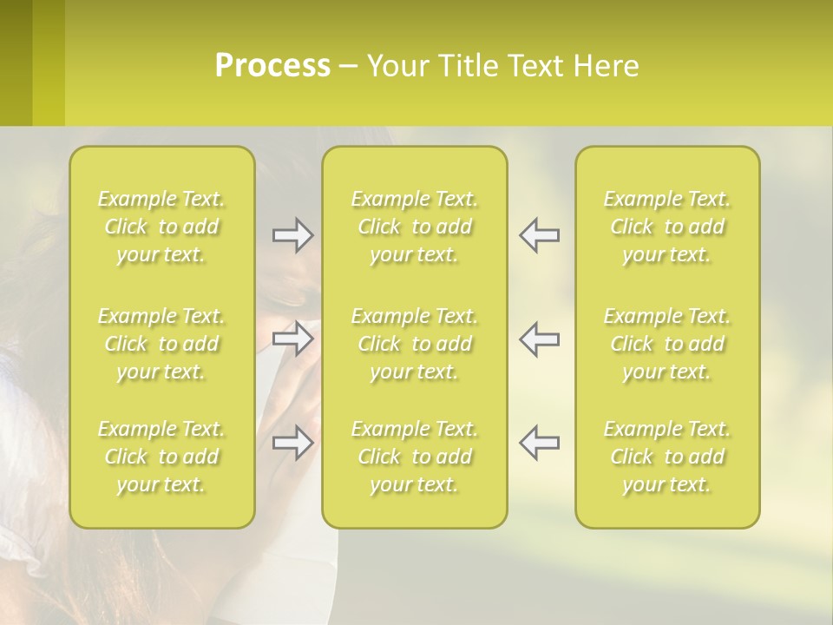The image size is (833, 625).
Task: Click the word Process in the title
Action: pyautogui.click(x=272, y=66)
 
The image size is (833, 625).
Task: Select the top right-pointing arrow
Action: pyautogui.click(x=292, y=235)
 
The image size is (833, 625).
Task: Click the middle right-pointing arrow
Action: pyautogui.click(x=292, y=339)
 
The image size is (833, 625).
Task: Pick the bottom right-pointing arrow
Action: pyautogui.click(x=292, y=442)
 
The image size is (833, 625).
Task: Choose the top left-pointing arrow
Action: pyautogui.click(x=539, y=235)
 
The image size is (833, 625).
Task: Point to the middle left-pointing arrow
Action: pyautogui.click(x=539, y=339)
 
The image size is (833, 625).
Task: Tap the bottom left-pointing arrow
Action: pyautogui.click(x=539, y=442)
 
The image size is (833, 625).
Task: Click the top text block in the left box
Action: pyautogui.click(x=161, y=227)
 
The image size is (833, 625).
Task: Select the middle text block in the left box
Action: pyautogui.click(x=161, y=344)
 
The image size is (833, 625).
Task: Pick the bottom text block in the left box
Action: pyautogui.click(x=161, y=457)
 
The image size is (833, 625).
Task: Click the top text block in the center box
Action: pyautogui.click(x=415, y=227)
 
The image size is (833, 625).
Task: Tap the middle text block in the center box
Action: pyautogui.click(x=415, y=344)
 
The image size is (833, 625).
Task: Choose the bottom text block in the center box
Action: pyautogui.click(x=415, y=457)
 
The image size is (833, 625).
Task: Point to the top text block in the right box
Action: pyautogui.click(x=667, y=227)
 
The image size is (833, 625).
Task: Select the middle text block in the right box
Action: pyautogui.click(x=667, y=344)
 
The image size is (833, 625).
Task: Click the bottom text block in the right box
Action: pyautogui.click(x=667, y=457)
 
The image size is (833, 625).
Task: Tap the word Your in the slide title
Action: pyautogui.click(x=393, y=66)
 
